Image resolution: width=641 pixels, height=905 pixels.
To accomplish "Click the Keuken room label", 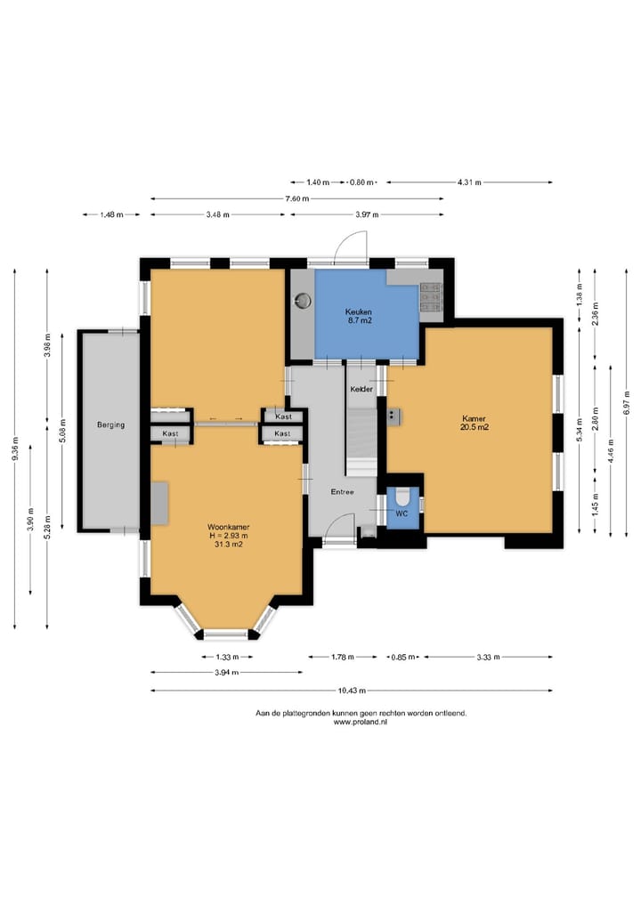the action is [358, 312].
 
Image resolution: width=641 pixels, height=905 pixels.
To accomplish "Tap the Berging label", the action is [110, 424].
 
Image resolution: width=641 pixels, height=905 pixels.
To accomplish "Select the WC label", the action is [402, 513].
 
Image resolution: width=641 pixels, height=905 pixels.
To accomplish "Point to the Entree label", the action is [342, 492].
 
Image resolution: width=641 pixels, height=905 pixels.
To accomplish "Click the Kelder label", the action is [361, 390].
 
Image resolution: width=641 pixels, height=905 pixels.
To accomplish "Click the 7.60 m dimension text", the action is [296, 198].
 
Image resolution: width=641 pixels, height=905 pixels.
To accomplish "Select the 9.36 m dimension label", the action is [15, 448].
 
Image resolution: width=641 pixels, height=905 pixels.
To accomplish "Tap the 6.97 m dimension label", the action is [627, 402].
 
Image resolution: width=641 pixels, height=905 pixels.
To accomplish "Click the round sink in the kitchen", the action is [303, 300].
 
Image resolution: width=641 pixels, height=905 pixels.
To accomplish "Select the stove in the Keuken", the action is [430, 296].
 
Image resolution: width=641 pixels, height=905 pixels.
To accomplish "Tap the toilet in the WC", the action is [402, 497].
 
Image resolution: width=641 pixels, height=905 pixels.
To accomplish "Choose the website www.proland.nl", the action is [361, 722].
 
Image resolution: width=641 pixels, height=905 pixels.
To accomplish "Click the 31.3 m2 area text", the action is [228, 545].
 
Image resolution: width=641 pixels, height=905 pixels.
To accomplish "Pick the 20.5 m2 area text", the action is [475, 428].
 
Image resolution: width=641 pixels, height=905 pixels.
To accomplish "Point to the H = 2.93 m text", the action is [229, 536].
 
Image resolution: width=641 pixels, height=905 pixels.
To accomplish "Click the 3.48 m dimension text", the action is [218, 214].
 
